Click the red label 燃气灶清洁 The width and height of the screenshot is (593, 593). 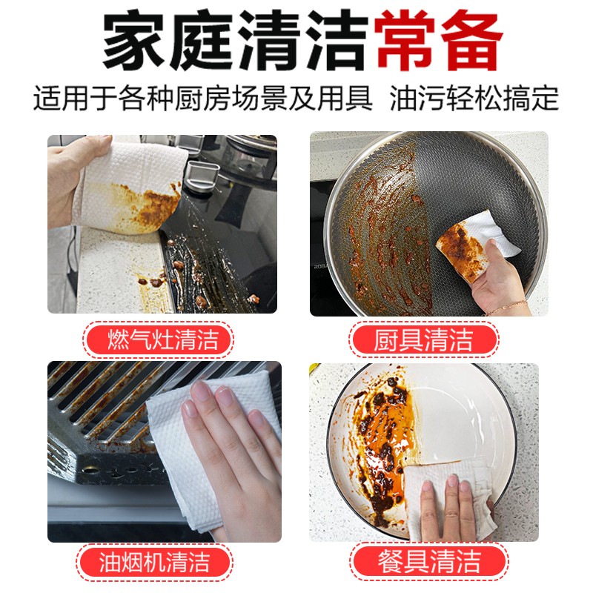[158, 339]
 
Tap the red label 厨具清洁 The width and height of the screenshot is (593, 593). [423, 339]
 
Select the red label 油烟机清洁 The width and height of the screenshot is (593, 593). [154, 562]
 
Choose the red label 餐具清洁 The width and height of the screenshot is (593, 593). [428, 562]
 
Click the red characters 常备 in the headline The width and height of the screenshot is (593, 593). [438, 41]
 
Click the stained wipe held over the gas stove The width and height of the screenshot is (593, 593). [130, 186]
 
